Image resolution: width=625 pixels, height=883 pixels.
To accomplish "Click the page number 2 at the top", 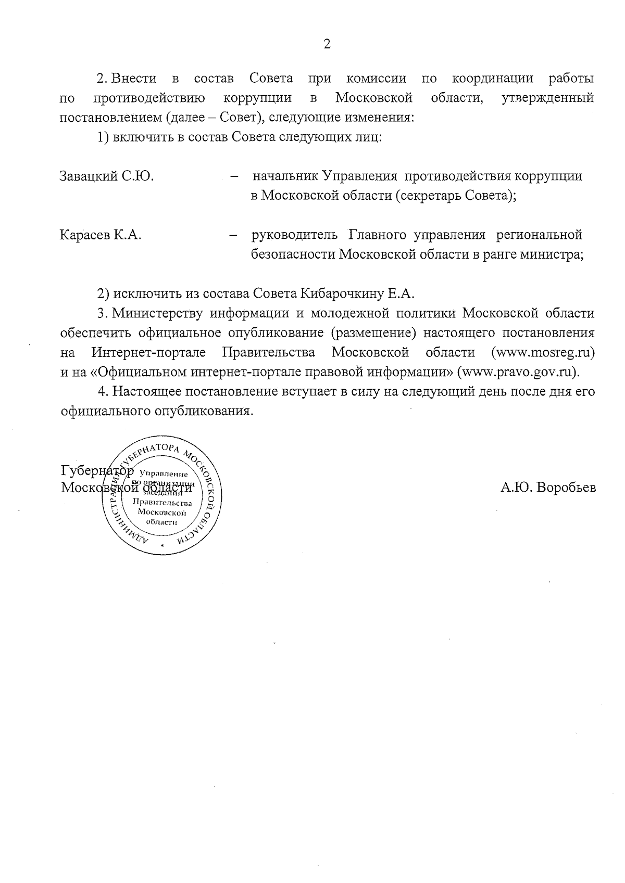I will [x=327, y=44].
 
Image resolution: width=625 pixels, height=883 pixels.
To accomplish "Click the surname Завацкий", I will [x=90, y=176].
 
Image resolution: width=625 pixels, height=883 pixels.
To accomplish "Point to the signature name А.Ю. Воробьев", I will [x=548, y=488].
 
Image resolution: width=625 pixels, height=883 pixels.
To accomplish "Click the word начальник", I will [x=285, y=176].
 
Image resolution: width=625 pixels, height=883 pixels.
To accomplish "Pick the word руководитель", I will [x=294, y=235].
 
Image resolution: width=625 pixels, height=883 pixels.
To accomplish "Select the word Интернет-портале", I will [x=149, y=353].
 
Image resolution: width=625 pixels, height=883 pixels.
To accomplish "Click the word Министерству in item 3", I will [x=158, y=314].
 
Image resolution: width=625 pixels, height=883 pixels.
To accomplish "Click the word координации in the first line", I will [x=492, y=79].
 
